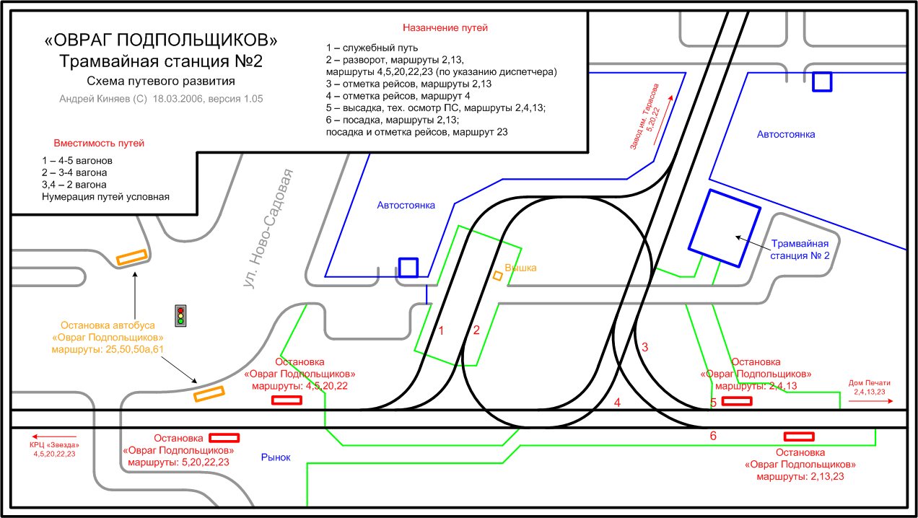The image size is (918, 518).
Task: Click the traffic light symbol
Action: (180, 315)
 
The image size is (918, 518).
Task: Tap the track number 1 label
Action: (442, 330)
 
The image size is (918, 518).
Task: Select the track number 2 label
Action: (476, 330)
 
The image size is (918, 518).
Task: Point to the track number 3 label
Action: (645, 347)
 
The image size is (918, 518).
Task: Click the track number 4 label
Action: (617, 403)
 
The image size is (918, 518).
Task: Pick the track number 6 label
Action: (713, 436)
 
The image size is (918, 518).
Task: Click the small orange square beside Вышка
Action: (497, 276)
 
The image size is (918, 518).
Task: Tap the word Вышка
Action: (520, 268)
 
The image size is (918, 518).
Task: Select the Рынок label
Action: (275, 457)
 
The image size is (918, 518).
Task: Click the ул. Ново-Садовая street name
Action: (269, 229)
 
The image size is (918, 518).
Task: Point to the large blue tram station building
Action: (725, 228)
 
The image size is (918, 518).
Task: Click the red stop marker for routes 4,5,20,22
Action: (286, 400)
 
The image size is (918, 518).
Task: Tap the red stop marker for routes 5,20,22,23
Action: (224, 437)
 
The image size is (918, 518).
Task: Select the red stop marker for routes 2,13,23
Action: (799, 436)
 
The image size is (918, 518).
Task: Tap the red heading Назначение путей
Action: (445, 27)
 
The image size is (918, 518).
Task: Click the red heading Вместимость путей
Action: (99, 144)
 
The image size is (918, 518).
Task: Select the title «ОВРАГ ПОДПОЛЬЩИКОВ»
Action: (160, 40)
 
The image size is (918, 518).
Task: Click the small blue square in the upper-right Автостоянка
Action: (822, 82)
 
